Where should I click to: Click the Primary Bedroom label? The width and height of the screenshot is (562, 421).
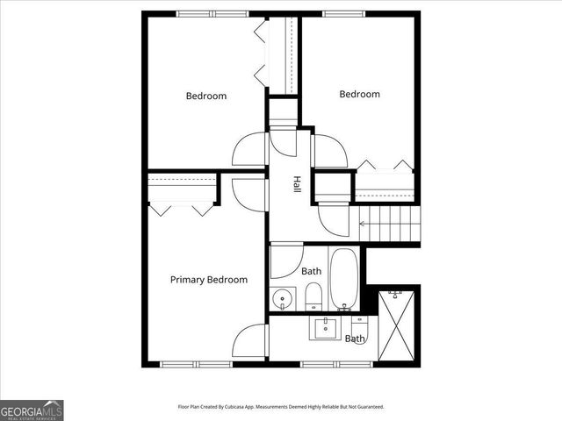pos(208,280)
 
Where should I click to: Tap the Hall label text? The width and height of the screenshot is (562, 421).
pos(297,185)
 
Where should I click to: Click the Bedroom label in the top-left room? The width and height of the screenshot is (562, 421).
pos(205,96)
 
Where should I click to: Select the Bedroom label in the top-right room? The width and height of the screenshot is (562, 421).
pos(359,95)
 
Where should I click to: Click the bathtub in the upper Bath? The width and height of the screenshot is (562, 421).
pos(342,278)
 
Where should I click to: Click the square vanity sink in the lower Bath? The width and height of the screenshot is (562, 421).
pos(324,329)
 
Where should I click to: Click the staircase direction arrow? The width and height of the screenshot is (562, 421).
pos(364,224)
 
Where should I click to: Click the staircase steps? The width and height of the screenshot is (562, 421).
pos(391,224)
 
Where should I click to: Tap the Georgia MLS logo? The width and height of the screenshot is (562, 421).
pos(32,410)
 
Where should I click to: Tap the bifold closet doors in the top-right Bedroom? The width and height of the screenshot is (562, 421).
pos(385,165)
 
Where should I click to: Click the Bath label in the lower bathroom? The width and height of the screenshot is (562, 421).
pos(355,339)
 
